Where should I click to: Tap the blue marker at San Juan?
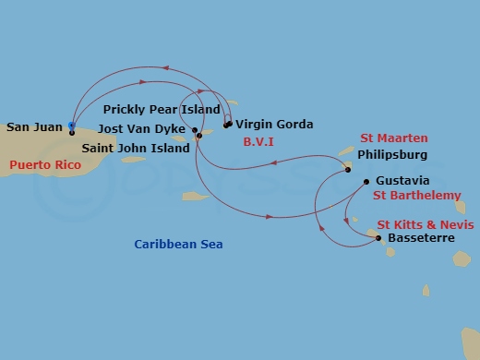(72, 126)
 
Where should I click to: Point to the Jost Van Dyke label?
(143, 130)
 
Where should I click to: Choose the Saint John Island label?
(135, 148)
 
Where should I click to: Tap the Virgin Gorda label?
(274, 124)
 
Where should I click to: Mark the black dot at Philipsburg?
(348, 169)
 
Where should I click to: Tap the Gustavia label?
(405, 182)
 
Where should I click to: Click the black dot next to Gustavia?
(366, 182)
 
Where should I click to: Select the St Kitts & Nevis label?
(426, 224)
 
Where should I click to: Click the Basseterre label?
(422, 238)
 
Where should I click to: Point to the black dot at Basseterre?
(378, 238)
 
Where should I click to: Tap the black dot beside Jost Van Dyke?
(195, 130)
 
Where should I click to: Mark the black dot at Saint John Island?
(198, 137)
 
